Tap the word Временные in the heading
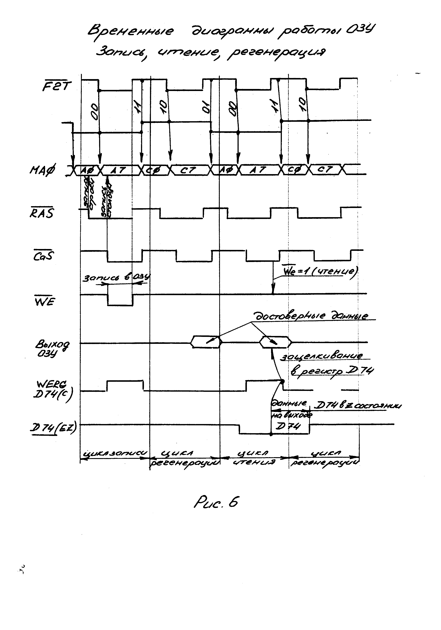(131, 31)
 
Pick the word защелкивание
(321, 356)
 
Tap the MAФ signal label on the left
(42, 170)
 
